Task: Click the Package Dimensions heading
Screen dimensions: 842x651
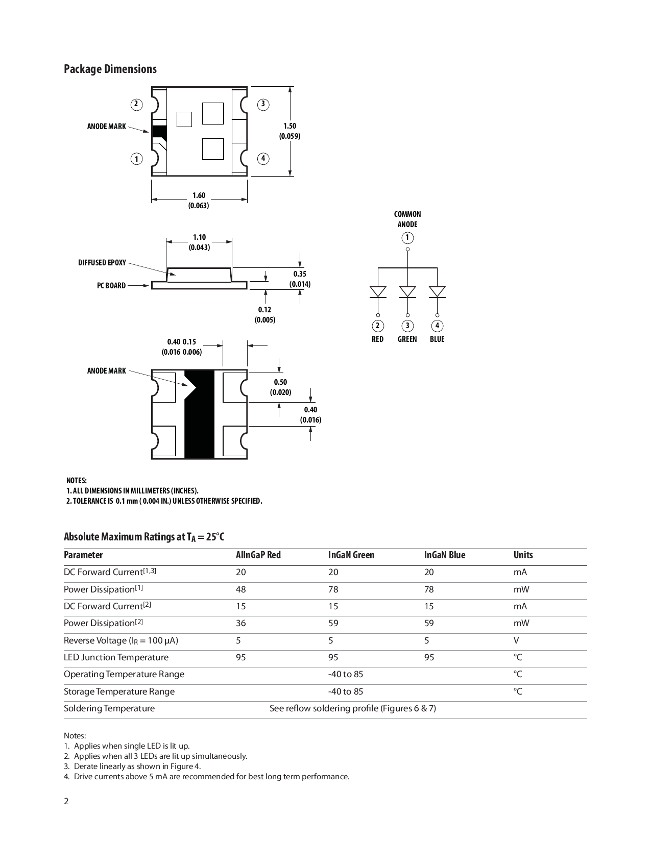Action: click(110, 69)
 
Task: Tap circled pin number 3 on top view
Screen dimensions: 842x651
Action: click(263, 105)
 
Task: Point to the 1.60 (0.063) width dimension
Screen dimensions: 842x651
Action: click(199, 201)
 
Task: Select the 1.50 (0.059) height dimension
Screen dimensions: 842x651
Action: click(290, 131)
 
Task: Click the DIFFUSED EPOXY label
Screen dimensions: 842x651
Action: click(102, 263)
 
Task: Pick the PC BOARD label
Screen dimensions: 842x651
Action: click(111, 286)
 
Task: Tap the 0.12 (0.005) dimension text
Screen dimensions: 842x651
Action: click(264, 315)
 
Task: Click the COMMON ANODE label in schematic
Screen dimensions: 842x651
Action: click(407, 219)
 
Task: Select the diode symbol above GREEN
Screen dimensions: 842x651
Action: click(407, 292)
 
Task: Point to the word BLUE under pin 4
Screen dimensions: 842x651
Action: click(437, 339)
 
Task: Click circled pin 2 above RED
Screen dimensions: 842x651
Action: click(377, 326)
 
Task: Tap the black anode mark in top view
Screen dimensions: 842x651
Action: click(159, 132)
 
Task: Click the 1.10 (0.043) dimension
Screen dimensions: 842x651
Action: click(199, 242)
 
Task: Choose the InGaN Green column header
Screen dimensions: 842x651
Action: click(351, 555)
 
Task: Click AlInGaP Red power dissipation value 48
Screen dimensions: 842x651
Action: click(240, 589)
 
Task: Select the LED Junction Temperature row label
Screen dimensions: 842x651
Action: click(116, 657)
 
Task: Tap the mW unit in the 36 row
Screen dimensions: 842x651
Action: click(521, 623)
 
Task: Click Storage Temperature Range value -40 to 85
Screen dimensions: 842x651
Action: click(346, 691)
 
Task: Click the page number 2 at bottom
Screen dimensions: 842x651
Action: click(66, 801)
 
